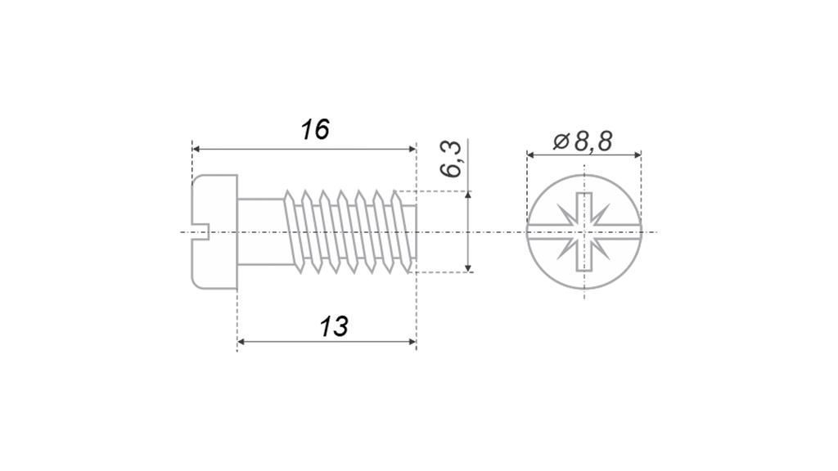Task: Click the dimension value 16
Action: click(315, 130)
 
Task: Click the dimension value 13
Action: click(334, 327)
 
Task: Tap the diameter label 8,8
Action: click(593, 141)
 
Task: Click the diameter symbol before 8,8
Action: click(561, 141)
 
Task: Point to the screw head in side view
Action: click(214, 231)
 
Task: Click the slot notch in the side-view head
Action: click(200, 231)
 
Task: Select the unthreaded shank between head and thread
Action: click(261, 231)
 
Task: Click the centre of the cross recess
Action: click(584, 231)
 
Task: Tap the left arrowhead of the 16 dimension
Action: click(196, 149)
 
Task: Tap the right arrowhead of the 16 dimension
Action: click(412, 149)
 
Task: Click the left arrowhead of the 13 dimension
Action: click(241, 342)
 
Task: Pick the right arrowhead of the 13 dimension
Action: click(412, 342)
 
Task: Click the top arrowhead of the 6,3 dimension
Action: click(468, 195)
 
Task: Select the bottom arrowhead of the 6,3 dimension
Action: click(468, 268)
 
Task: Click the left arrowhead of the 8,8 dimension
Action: click(530, 155)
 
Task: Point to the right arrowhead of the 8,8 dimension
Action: click(637, 155)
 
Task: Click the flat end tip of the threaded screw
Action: click(416, 231)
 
